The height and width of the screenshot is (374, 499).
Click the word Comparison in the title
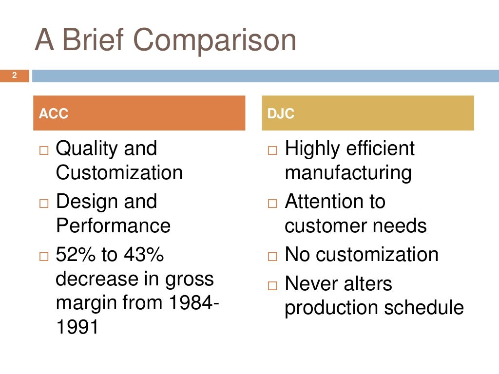pyautogui.click(x=215, y=41)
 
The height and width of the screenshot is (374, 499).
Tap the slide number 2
pyautogui.click(x=15, y=75)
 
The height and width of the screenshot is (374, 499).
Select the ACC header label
pyautogui.click(x=54, y=114)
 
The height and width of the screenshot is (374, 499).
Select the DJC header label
pyautogui.click(x=281, y=114)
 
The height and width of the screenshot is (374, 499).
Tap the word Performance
pyautogui.click(x=113, y=225)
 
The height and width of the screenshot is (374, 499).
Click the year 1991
pyautogui.click(x=77, y=327)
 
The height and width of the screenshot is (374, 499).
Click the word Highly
pyautogui.click(x=311, y=149)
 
